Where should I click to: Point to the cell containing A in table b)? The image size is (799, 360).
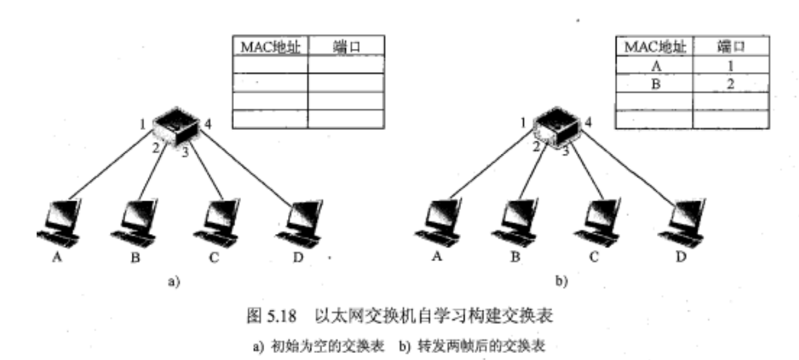click(x=654, y=65)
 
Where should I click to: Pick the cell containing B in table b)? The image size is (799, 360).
click(x=654, y=83)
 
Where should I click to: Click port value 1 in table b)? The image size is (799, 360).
click(x=730, y=65)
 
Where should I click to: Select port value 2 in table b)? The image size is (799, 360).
click(x=730, y=83)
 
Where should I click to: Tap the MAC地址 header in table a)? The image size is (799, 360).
click(x=270, y=46)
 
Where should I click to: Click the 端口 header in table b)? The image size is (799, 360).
click(x=730, y=46)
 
